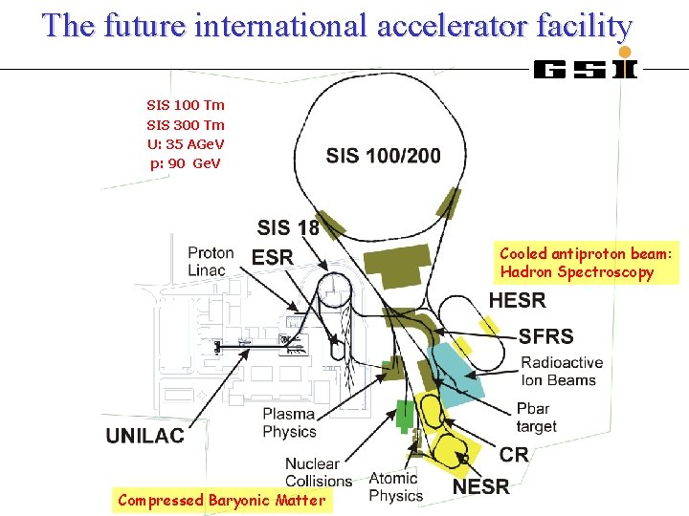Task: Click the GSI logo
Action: [585, 68]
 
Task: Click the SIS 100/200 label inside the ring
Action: [383, 156]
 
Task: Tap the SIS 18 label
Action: [288, 227]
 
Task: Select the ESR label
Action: [273, 257]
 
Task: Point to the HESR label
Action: [517, 301]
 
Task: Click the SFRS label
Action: [545, 336]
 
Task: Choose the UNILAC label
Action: [144, 436]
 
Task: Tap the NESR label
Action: [480, 487]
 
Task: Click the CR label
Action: [514, 455]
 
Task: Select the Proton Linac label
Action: [211, 261]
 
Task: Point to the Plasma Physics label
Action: [289, 422]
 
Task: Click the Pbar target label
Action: [536, 418]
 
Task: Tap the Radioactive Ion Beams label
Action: [562, 371]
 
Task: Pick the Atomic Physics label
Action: [395, 486]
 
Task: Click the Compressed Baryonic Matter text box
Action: [221, 500]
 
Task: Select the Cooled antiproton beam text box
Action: [586, 263]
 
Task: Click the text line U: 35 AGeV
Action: [186, 144]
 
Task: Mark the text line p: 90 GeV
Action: [186, 163]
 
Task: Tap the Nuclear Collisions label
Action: [319, 472]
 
